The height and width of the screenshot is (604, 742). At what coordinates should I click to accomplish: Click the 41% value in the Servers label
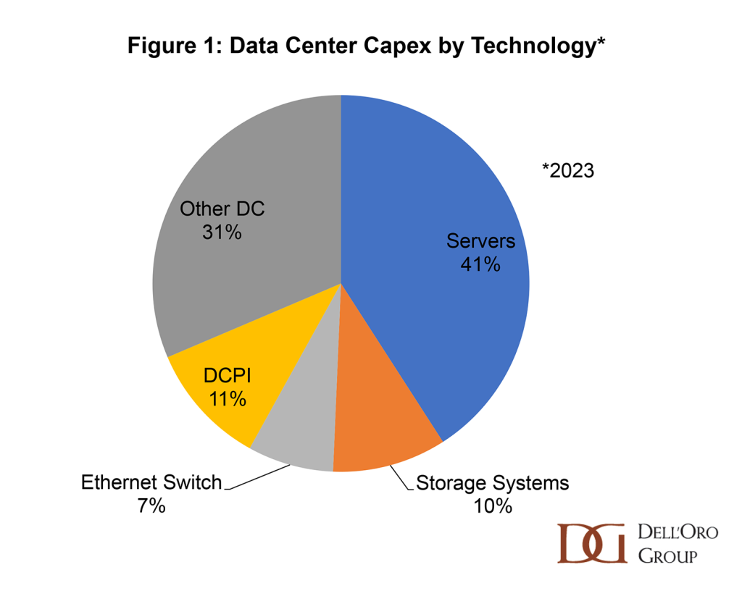tap(480, 264)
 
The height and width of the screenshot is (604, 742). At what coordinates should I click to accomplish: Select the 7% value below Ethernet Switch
tap(151, 506)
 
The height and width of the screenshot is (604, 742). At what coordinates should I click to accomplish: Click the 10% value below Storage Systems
tap(493, 506)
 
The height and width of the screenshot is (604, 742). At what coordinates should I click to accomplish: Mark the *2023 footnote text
tap(568, 171)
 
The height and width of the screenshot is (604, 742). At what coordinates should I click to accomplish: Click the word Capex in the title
tap(373, 46)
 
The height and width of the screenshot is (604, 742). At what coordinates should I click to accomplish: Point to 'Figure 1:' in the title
tap(172, 46)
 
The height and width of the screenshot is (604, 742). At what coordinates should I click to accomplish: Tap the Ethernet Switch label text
tap(151, 482)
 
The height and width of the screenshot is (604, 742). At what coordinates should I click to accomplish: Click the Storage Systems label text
tap(493, 482)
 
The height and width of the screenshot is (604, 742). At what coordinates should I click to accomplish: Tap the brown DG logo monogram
tap(592, 542)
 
